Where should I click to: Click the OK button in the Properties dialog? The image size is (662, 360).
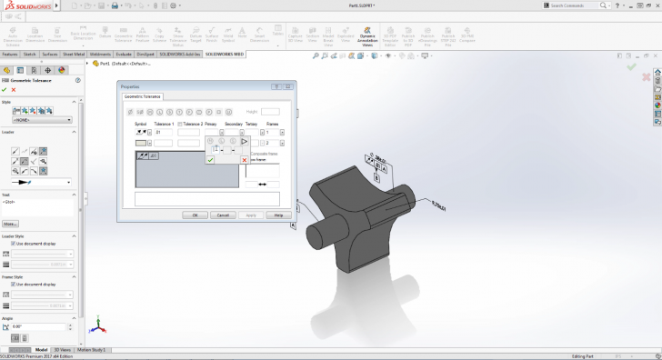195,215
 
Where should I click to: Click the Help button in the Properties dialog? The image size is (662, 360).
279,215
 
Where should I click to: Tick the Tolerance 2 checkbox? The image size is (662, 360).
181,123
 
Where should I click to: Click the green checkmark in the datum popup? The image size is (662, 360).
210,159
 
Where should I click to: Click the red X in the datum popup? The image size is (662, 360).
244,160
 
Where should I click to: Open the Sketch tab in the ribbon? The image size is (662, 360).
30,54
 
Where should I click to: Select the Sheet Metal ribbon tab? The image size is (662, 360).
73,54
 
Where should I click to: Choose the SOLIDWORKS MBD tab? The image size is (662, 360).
225,54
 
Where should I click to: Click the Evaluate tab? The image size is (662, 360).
125,54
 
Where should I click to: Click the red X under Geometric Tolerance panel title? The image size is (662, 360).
14,89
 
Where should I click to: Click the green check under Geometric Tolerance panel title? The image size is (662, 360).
5,89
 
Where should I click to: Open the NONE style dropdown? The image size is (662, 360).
43,119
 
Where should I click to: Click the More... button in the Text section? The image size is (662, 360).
10,223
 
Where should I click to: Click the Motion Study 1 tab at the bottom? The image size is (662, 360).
91,349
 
